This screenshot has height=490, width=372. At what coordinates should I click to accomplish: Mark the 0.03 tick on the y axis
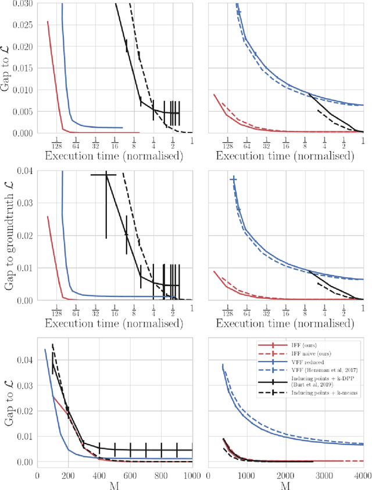pos(24,192)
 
